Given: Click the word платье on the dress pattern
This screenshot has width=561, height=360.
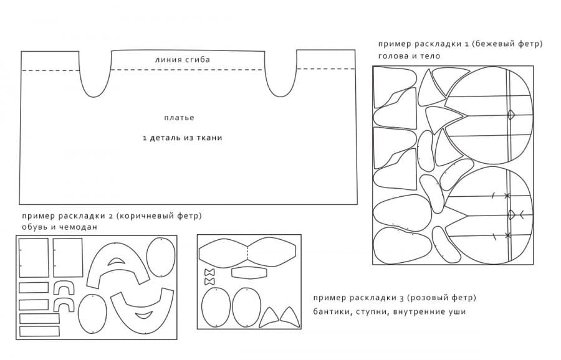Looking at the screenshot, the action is click(179, 118).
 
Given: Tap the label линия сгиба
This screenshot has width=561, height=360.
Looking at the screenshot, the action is click(183, 60).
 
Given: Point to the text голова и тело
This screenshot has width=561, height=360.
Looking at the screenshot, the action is click(409, 56).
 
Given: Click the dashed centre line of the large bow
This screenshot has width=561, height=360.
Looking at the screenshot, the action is click(247, 253).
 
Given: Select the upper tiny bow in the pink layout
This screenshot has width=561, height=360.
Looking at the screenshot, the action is click(209, 272).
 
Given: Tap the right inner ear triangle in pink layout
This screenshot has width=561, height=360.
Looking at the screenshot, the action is click(289, 316).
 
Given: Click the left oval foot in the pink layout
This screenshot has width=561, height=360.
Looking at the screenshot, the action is click(216, 307).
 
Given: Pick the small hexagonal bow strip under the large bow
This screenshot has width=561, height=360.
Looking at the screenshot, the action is click(249, 272).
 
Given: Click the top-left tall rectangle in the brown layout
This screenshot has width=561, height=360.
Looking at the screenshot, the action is click(34, 258).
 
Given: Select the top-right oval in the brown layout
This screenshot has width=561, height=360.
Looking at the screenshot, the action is click(161, 257).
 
